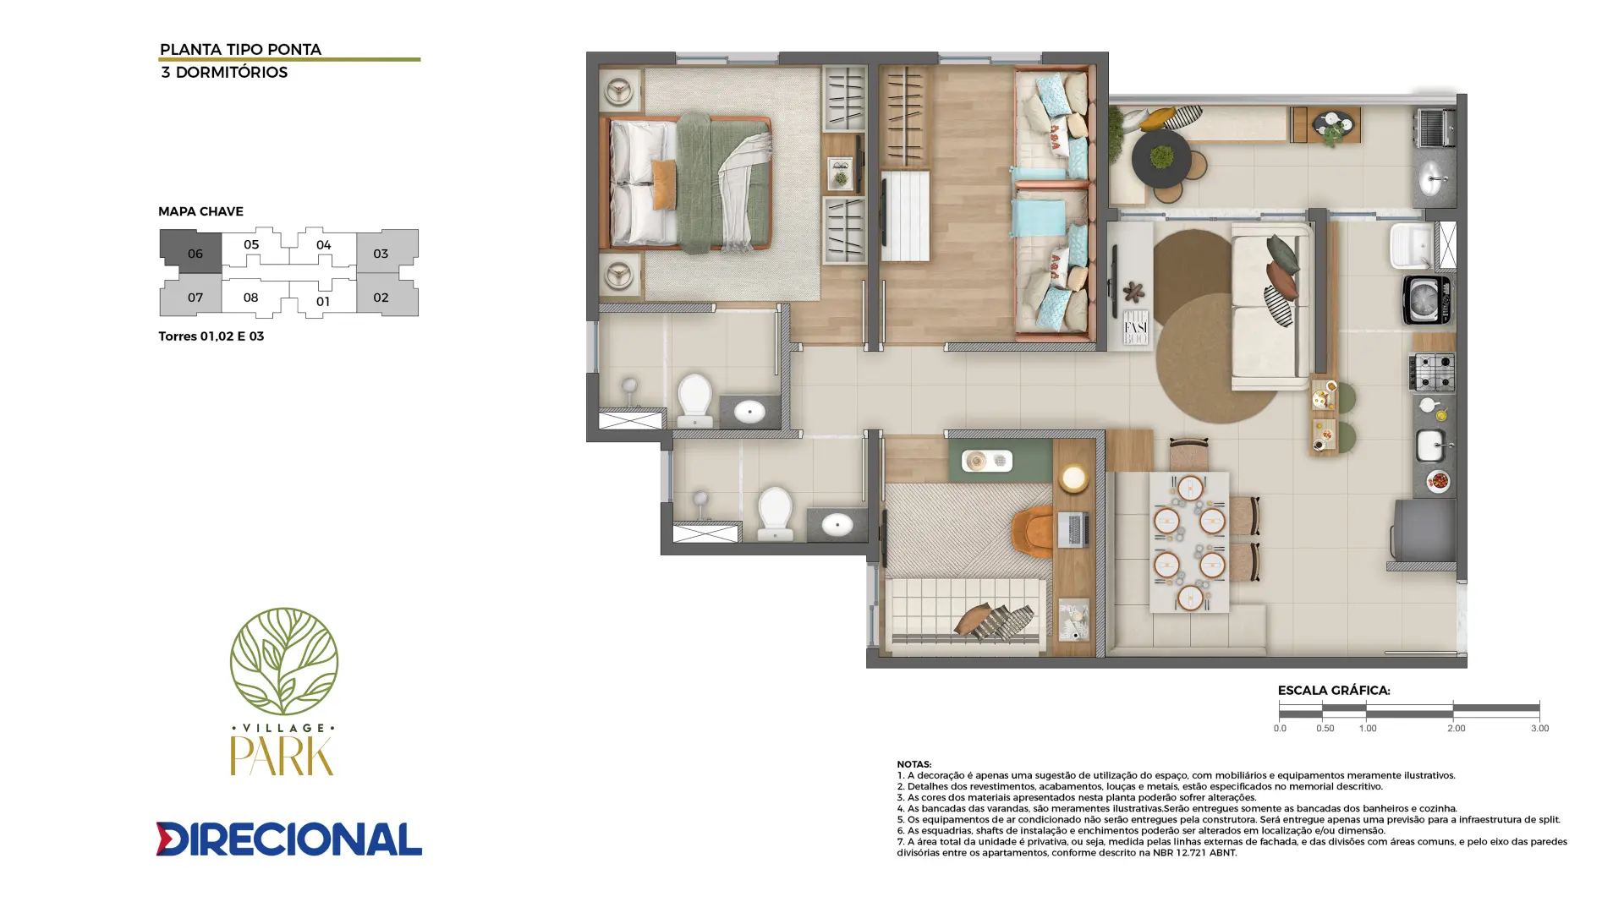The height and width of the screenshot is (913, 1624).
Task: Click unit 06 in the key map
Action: point(193,252)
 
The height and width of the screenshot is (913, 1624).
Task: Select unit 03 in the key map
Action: point(386,252)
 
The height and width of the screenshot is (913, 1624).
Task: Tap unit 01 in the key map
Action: point(323,300)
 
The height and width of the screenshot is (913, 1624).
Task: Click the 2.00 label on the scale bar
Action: point(1456,728)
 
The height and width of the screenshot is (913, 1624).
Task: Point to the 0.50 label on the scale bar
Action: point(1325,728)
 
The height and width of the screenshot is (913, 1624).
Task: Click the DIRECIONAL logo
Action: point(288,839)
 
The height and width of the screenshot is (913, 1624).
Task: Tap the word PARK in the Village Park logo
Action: point(283,755)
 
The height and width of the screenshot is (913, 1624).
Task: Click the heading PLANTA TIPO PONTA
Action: point(240,49)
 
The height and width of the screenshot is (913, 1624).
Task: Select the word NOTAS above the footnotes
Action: point(913,764)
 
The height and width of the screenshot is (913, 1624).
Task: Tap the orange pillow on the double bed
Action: point(664,184)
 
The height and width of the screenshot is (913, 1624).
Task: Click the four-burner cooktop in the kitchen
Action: point(1431,372)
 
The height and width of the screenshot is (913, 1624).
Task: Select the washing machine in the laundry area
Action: point(1428,299)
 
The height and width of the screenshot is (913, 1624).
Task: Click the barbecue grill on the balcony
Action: point(1435,127)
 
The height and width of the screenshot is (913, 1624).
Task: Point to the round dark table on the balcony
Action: point(1161,158)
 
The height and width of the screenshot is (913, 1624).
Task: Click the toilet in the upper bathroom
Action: point(695,399)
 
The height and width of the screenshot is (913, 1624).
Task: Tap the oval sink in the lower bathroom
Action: point(837,524)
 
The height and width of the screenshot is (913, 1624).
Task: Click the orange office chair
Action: point(1033,532)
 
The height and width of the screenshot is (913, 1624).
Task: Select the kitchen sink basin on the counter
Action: point(1430,446)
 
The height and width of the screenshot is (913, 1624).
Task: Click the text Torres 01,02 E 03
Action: point(211,336)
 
